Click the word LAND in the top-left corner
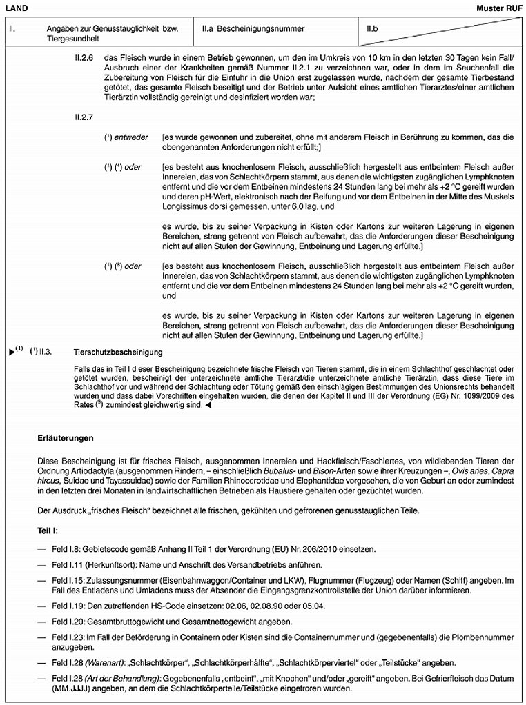(15, 7)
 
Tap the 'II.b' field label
(373, 30)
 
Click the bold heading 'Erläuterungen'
(66, 438)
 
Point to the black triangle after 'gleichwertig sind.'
(208, 406)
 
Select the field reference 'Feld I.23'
(68, 638)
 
